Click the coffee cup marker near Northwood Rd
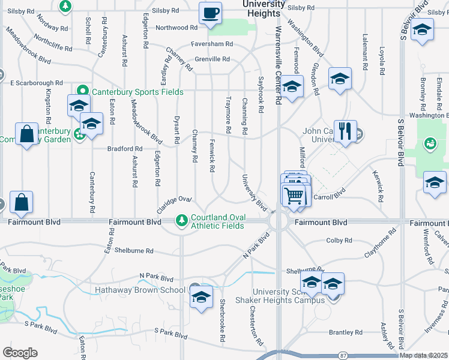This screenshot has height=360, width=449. [211, 13]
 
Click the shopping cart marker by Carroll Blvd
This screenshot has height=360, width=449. [293, 195]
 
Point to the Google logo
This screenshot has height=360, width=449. [20, 353]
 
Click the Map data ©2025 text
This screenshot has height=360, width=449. [423, 356]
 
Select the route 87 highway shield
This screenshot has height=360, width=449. [343, 355]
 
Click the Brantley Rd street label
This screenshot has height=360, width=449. [346, 332]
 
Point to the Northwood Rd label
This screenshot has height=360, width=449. [176, 28]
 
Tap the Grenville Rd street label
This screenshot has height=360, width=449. [212, 59]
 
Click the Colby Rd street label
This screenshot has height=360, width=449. [339, 241]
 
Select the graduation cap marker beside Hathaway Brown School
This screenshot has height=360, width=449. [200, 296]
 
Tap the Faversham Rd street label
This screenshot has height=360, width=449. [212, 44]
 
